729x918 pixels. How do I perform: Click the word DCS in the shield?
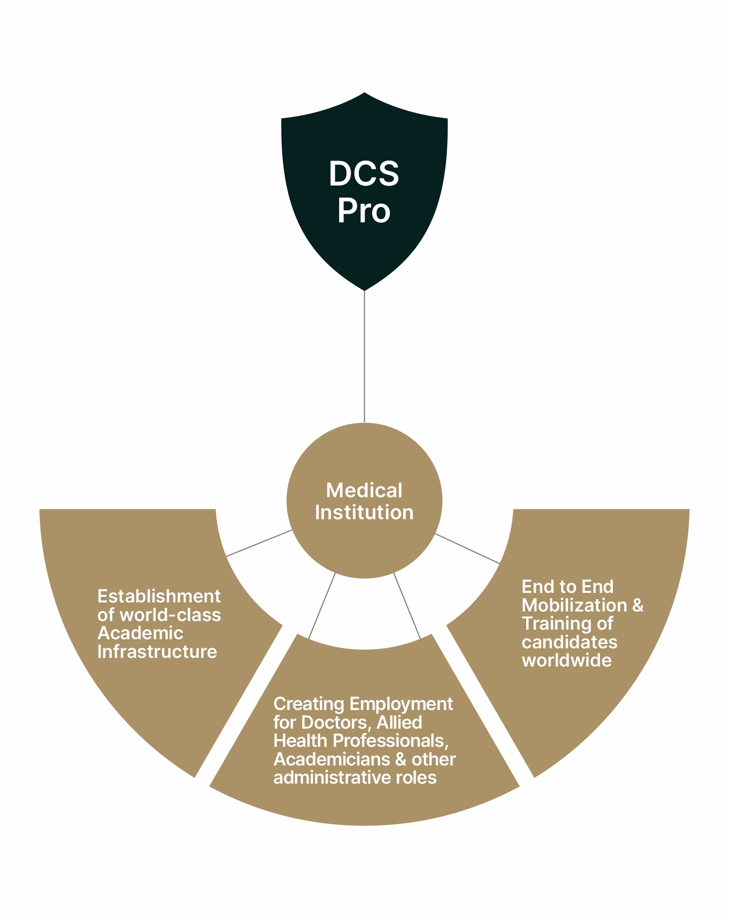click(x=364, y=174)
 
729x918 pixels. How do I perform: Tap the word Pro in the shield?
click(x=364, y=211)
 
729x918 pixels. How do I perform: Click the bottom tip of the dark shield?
click(x=364, y=288)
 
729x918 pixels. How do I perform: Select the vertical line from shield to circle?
click(x=364, y=356)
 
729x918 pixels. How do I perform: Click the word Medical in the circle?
click(x=364, y=491)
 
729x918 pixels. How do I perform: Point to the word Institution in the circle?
click(x=364, y=513)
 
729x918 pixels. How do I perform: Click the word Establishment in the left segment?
click(x=159, y=597)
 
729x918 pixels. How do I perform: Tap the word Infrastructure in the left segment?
click(x=157, y=652)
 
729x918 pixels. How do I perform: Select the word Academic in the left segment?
click(x=140, y=633)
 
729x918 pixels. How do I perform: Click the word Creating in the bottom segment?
click(x=309, y=704)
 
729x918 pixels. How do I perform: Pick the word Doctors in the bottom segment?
click(x=336, y=722)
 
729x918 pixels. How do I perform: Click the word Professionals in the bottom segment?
click(x=390, y=741)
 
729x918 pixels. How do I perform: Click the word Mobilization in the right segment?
click(x=574, y=605)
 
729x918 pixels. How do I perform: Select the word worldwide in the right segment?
click(x=566, y=660)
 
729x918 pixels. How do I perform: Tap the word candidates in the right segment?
click(x=569, y=642)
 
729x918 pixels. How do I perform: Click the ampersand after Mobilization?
click(x=638, y=605)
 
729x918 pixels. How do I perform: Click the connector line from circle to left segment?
click(x=259, y=543)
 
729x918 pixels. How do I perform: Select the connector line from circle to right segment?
click(x=467, y=548)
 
